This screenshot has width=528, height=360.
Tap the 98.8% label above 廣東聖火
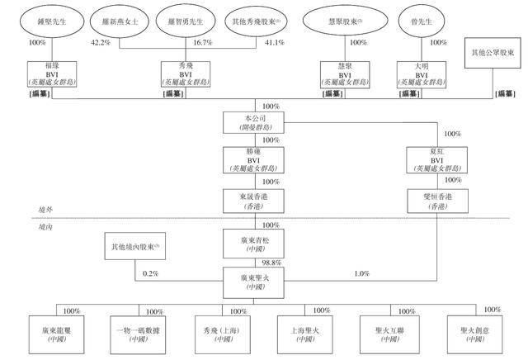point(271,261)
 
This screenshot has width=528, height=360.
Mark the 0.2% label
point(149,273)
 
